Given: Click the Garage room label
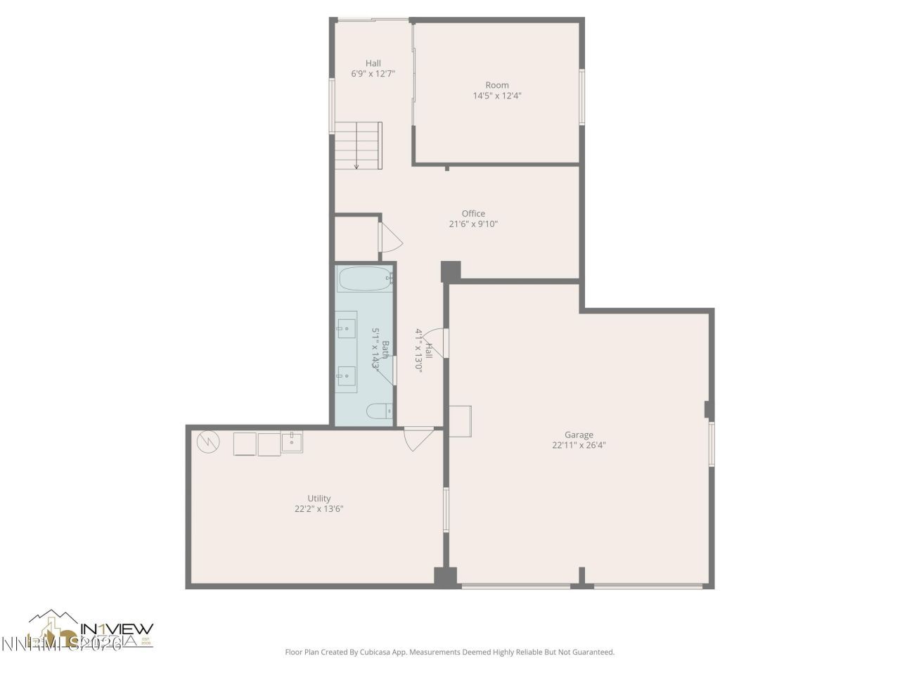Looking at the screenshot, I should coord(579,435).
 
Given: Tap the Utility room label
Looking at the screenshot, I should coord(319,499).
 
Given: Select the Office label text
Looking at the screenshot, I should coord(473,214).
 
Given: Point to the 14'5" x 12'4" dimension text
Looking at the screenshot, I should coord(497,96).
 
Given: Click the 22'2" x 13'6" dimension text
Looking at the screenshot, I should coord(319,509).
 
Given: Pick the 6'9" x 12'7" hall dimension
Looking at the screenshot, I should coord(373,73).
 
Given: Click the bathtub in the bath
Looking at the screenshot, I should coord(364,280).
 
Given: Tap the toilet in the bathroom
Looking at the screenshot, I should coord(378,411).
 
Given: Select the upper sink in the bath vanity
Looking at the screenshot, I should coord(346,327).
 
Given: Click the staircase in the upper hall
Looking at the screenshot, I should coord(357,145).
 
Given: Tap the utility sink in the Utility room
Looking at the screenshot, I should coord(292,443).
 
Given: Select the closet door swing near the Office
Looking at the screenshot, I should coord(389,237).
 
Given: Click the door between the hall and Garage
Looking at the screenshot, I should coord(435,342).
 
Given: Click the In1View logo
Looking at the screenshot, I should coord(91,629).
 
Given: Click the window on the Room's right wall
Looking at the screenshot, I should coord(581,97).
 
